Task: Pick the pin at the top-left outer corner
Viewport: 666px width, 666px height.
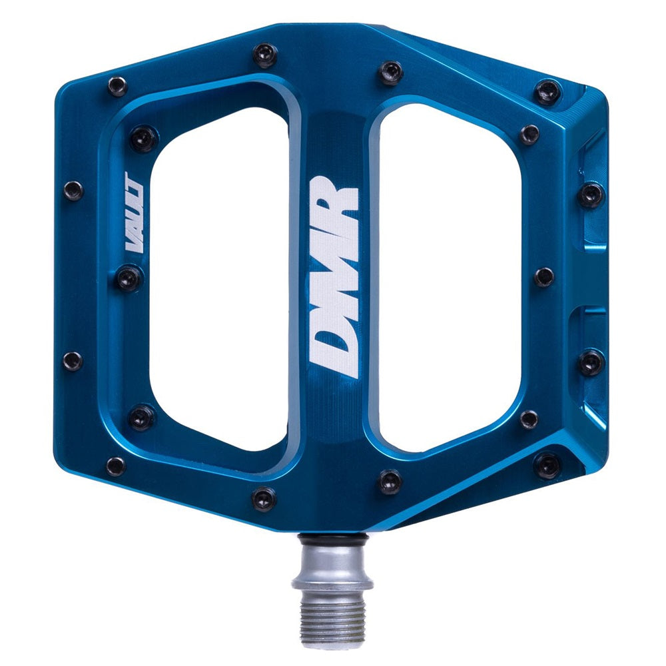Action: click(117, 85)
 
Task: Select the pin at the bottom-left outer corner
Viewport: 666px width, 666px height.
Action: click(115, 466)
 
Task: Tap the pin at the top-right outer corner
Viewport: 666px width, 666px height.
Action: click(548, 91)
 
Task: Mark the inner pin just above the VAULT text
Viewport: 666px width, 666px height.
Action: click(143, 138)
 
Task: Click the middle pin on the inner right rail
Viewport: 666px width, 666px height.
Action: click(544, 276)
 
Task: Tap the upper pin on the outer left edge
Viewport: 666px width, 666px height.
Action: click(73, 190)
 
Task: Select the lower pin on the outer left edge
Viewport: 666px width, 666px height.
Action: click(73, 360)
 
